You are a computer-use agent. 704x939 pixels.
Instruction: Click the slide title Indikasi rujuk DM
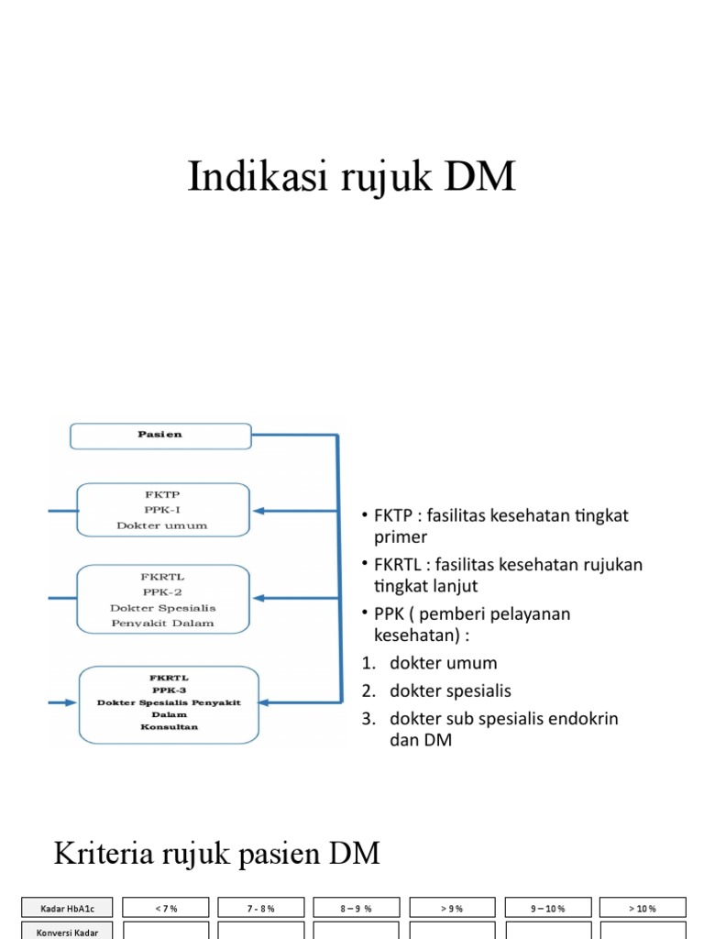tap(352, 176)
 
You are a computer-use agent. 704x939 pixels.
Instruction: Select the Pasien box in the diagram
tap(160, 436)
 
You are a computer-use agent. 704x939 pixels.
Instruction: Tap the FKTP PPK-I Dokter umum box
tap(162, 510)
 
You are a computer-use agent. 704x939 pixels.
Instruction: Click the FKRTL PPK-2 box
tap(162, 599)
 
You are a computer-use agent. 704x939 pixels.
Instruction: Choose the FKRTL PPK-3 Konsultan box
tap(169, 703)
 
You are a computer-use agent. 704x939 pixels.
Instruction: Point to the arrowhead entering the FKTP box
tap(258, 511)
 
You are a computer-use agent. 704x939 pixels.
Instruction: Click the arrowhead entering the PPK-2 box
tap(258, 598)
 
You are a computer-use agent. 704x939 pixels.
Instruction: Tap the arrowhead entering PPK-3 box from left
tap(72, 703)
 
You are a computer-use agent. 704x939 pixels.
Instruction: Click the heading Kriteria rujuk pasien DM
tap(216, 854)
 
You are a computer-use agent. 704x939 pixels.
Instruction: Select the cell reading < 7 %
tap(165, 908)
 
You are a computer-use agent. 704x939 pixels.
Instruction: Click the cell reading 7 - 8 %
tap(260, 908)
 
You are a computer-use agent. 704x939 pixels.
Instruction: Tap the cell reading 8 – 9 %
tap(356, 908)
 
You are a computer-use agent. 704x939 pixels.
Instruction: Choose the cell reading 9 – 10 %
tap(547, 908)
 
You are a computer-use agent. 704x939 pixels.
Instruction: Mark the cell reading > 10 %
tap(643, 908)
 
